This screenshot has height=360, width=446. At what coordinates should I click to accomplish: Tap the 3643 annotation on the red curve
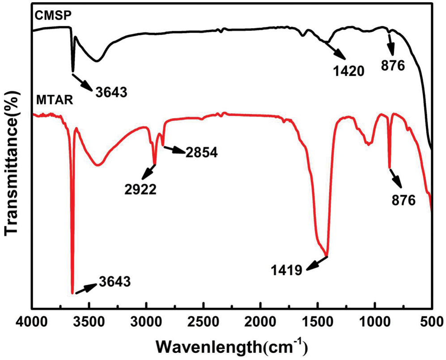click(114, 282)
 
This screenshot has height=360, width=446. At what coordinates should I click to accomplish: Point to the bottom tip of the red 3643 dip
click(72, 293)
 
